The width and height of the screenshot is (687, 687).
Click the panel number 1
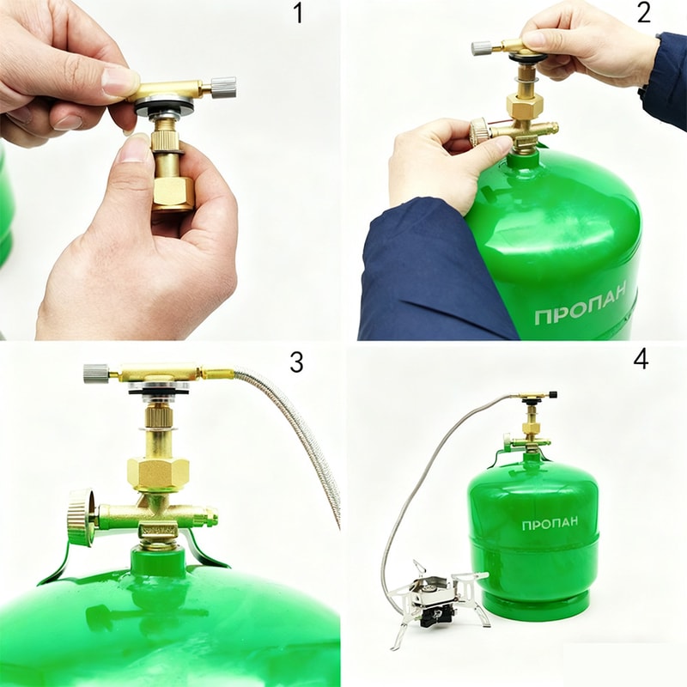(298, 13)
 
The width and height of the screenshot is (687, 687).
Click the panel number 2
(643, 13)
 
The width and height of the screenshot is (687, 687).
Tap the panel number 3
(296, 362)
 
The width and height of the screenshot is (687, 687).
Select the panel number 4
(641, 360)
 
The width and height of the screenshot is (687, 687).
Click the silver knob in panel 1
(223, 88)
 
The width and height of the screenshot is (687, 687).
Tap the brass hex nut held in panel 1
(173, 192)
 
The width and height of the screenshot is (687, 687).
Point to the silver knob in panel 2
(481, 48)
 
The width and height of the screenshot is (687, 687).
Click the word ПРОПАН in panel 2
(581, 304)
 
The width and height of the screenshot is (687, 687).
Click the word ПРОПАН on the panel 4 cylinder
(550, 524)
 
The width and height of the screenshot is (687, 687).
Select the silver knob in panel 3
(96, 373)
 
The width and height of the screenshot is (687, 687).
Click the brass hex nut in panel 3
(158, 474)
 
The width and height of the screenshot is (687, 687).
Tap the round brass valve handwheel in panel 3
(81, 517)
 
